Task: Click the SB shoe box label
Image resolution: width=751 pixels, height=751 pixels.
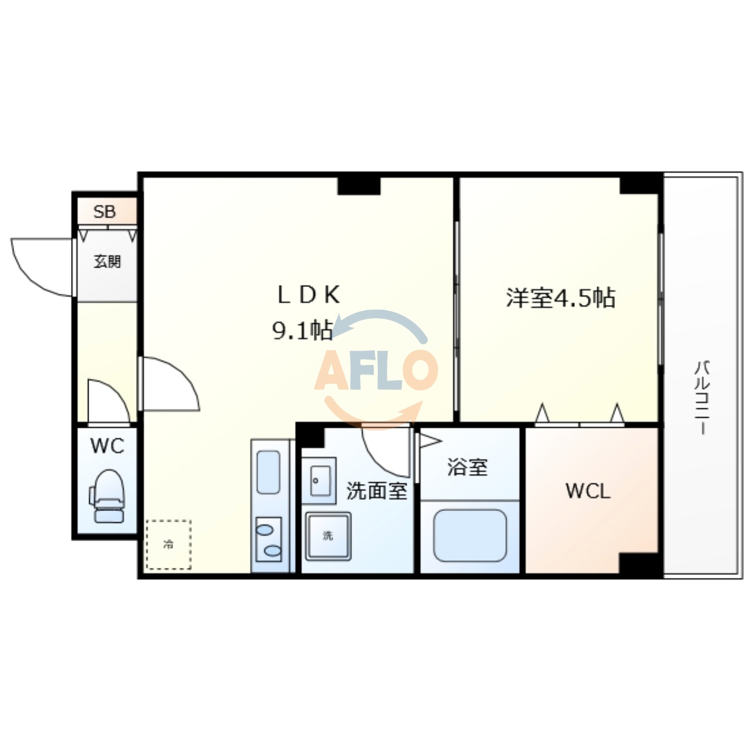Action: tap(105, 211)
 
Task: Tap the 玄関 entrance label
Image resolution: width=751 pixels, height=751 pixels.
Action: tap(107, 262)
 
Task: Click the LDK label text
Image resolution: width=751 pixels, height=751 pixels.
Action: tap(308, 295)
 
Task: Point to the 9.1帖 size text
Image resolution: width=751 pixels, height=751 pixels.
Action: tap(302, 330)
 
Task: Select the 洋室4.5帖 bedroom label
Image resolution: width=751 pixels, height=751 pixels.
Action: tap(560, 297)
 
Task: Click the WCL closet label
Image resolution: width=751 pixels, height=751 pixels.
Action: tap(588, 490)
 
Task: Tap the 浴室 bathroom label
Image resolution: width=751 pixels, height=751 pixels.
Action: tap(467, 467)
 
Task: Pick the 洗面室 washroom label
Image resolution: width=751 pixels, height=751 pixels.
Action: tap(377, 490)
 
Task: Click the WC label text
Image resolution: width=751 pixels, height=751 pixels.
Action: tap(107, 446)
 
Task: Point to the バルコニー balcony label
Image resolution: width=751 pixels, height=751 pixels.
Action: tap(702, 397)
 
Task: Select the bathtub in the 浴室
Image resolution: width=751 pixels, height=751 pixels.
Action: tap(470, 536)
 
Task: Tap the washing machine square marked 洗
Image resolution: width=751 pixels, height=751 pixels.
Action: tap(328, 536)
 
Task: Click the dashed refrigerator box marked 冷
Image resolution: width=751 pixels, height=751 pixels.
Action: tap(168, 544)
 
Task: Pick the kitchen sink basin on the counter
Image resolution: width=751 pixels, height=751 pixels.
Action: tap(268, 472)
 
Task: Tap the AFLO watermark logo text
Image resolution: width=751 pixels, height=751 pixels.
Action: tap(375, 370)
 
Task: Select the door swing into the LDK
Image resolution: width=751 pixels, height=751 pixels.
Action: tap(170, 384)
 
